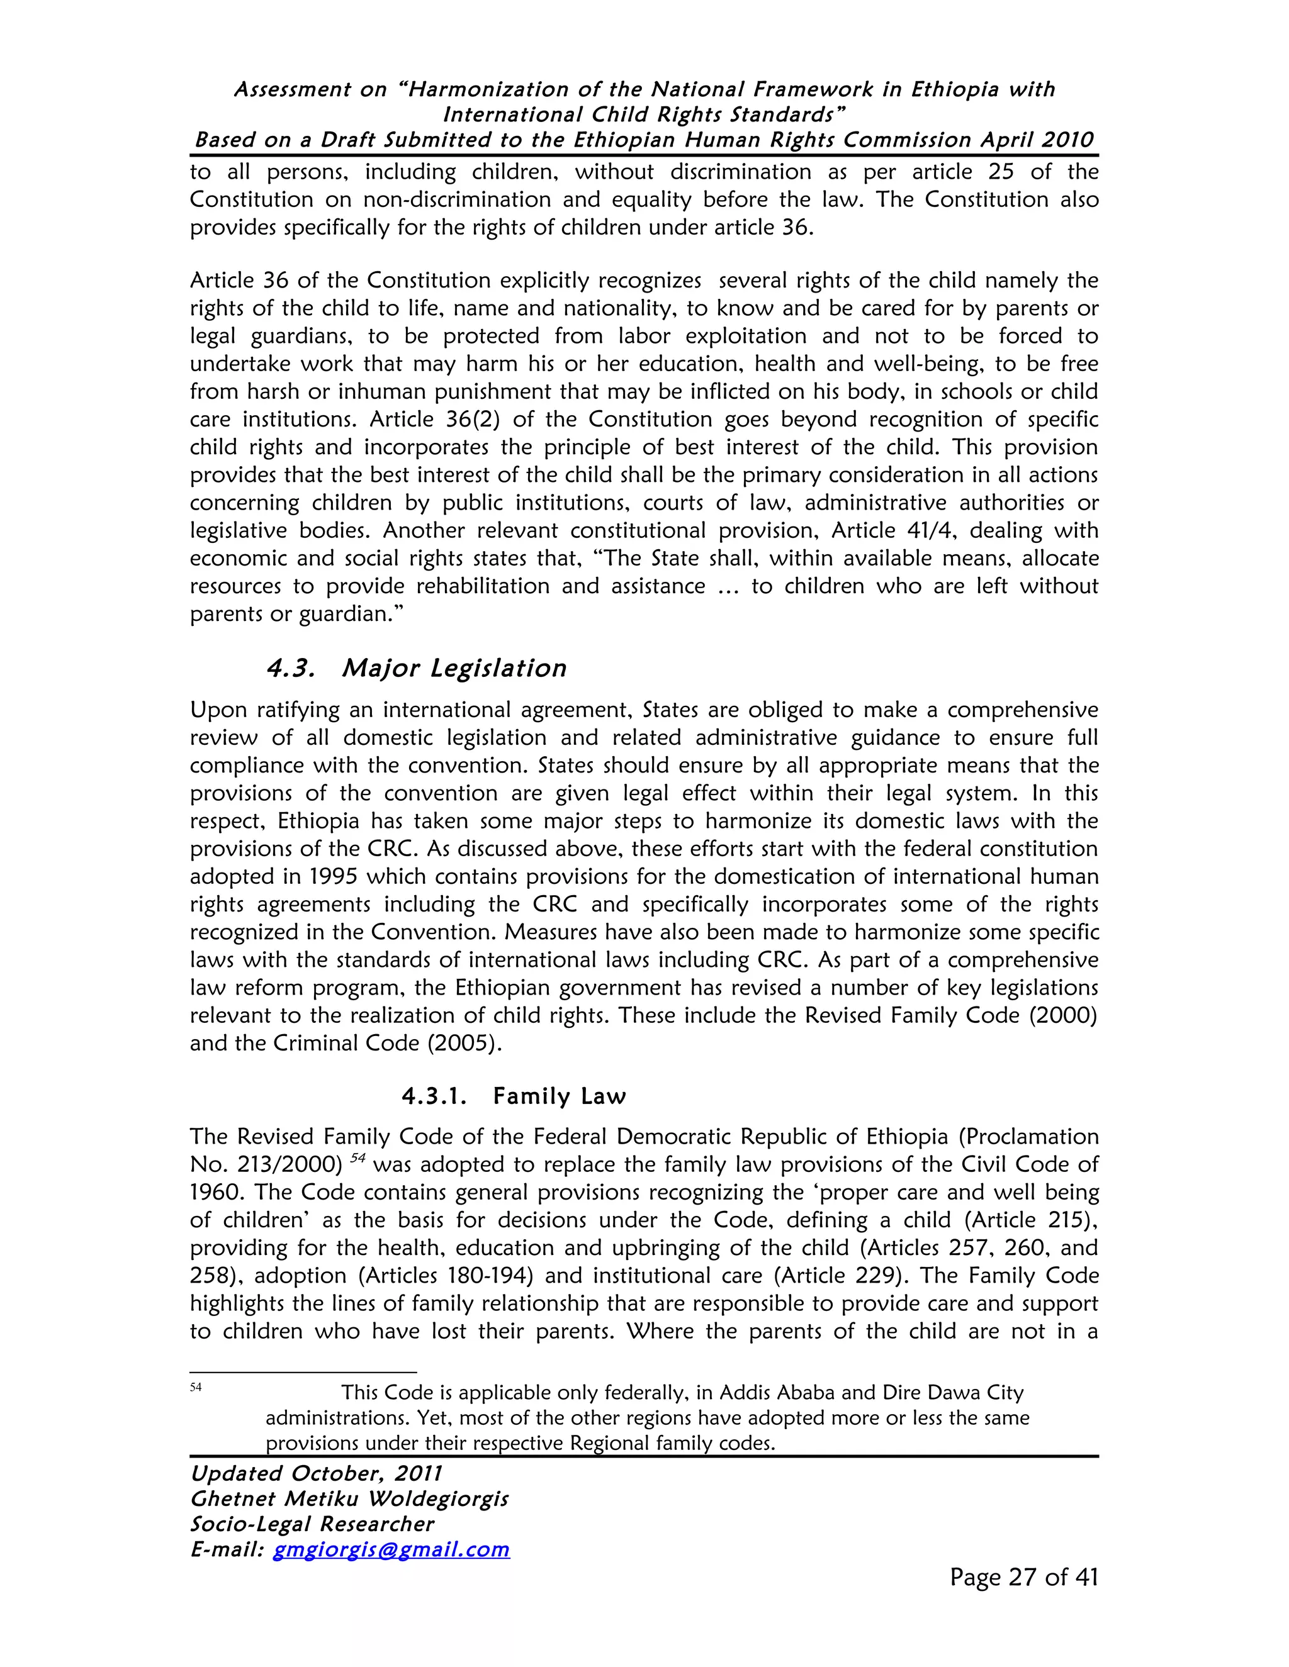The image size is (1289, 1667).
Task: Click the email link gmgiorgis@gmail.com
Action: [391, 1549]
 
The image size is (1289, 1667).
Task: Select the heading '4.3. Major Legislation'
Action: [416, 669]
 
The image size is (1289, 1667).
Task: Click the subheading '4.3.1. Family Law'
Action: [513, 1097]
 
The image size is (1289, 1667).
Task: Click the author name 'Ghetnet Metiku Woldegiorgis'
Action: [349, 1499]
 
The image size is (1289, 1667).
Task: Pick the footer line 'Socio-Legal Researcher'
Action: [312, 1524]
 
